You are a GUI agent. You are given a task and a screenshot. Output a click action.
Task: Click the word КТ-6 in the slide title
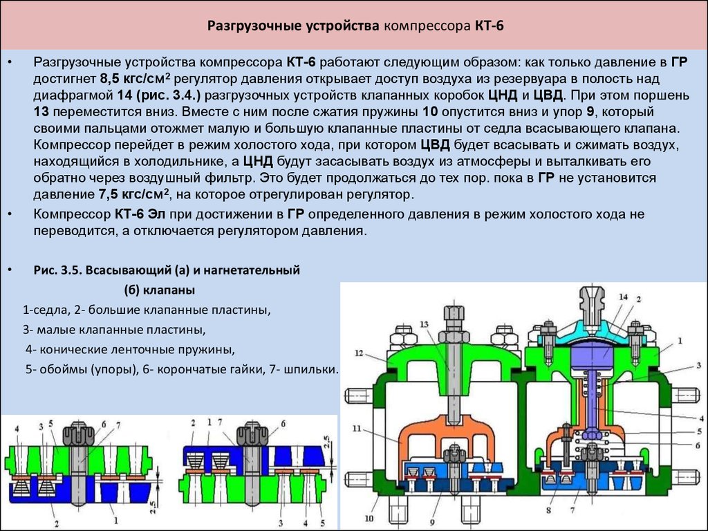[x=490, y=28]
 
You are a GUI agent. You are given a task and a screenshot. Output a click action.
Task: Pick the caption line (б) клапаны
[x=159, y=289]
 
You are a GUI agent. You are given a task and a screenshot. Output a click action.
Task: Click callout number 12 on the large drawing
[x=359, y=354]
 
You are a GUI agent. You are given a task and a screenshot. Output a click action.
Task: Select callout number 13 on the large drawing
[x=423, y=325]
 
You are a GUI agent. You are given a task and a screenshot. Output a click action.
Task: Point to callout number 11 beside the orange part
[x=357, y=429]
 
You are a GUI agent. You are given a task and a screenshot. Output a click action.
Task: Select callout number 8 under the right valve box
[x=548, y=511]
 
